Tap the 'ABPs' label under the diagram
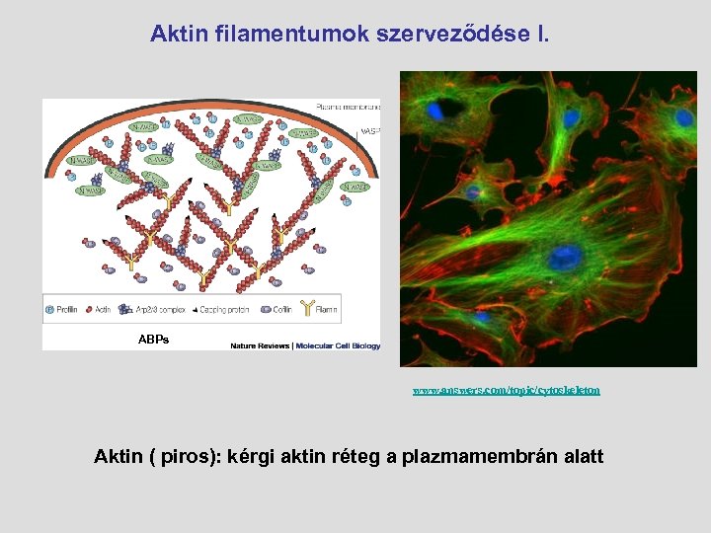[153, 340]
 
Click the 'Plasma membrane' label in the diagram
[348, 106]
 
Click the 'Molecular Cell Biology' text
[336, 345]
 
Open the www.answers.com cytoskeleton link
[506, 391]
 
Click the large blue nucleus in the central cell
[565, 259]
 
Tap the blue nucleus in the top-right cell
[683, 117]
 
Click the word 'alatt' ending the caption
[582, 457]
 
